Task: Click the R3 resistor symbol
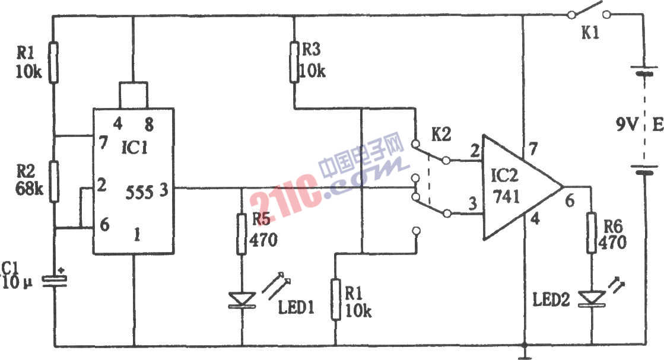point(295,62)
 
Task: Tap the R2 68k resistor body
point(54,181)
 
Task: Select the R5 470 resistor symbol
point(242,234)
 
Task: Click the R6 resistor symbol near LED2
point(592,233)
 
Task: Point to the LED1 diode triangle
point(242,300)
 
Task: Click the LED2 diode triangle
point(592,298)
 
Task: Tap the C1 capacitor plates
point(55,281)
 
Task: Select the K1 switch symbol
point(589,11)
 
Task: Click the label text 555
point(139,193)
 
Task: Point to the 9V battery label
point(627,125)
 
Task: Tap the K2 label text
point(441,135)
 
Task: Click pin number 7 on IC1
point(103,142)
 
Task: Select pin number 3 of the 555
point(164,190)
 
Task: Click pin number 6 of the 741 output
point(570,200)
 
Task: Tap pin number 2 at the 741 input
point(475,150)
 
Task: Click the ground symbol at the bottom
point(525,352)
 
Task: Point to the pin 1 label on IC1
point(137,234)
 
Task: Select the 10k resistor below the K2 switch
point(336,299)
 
